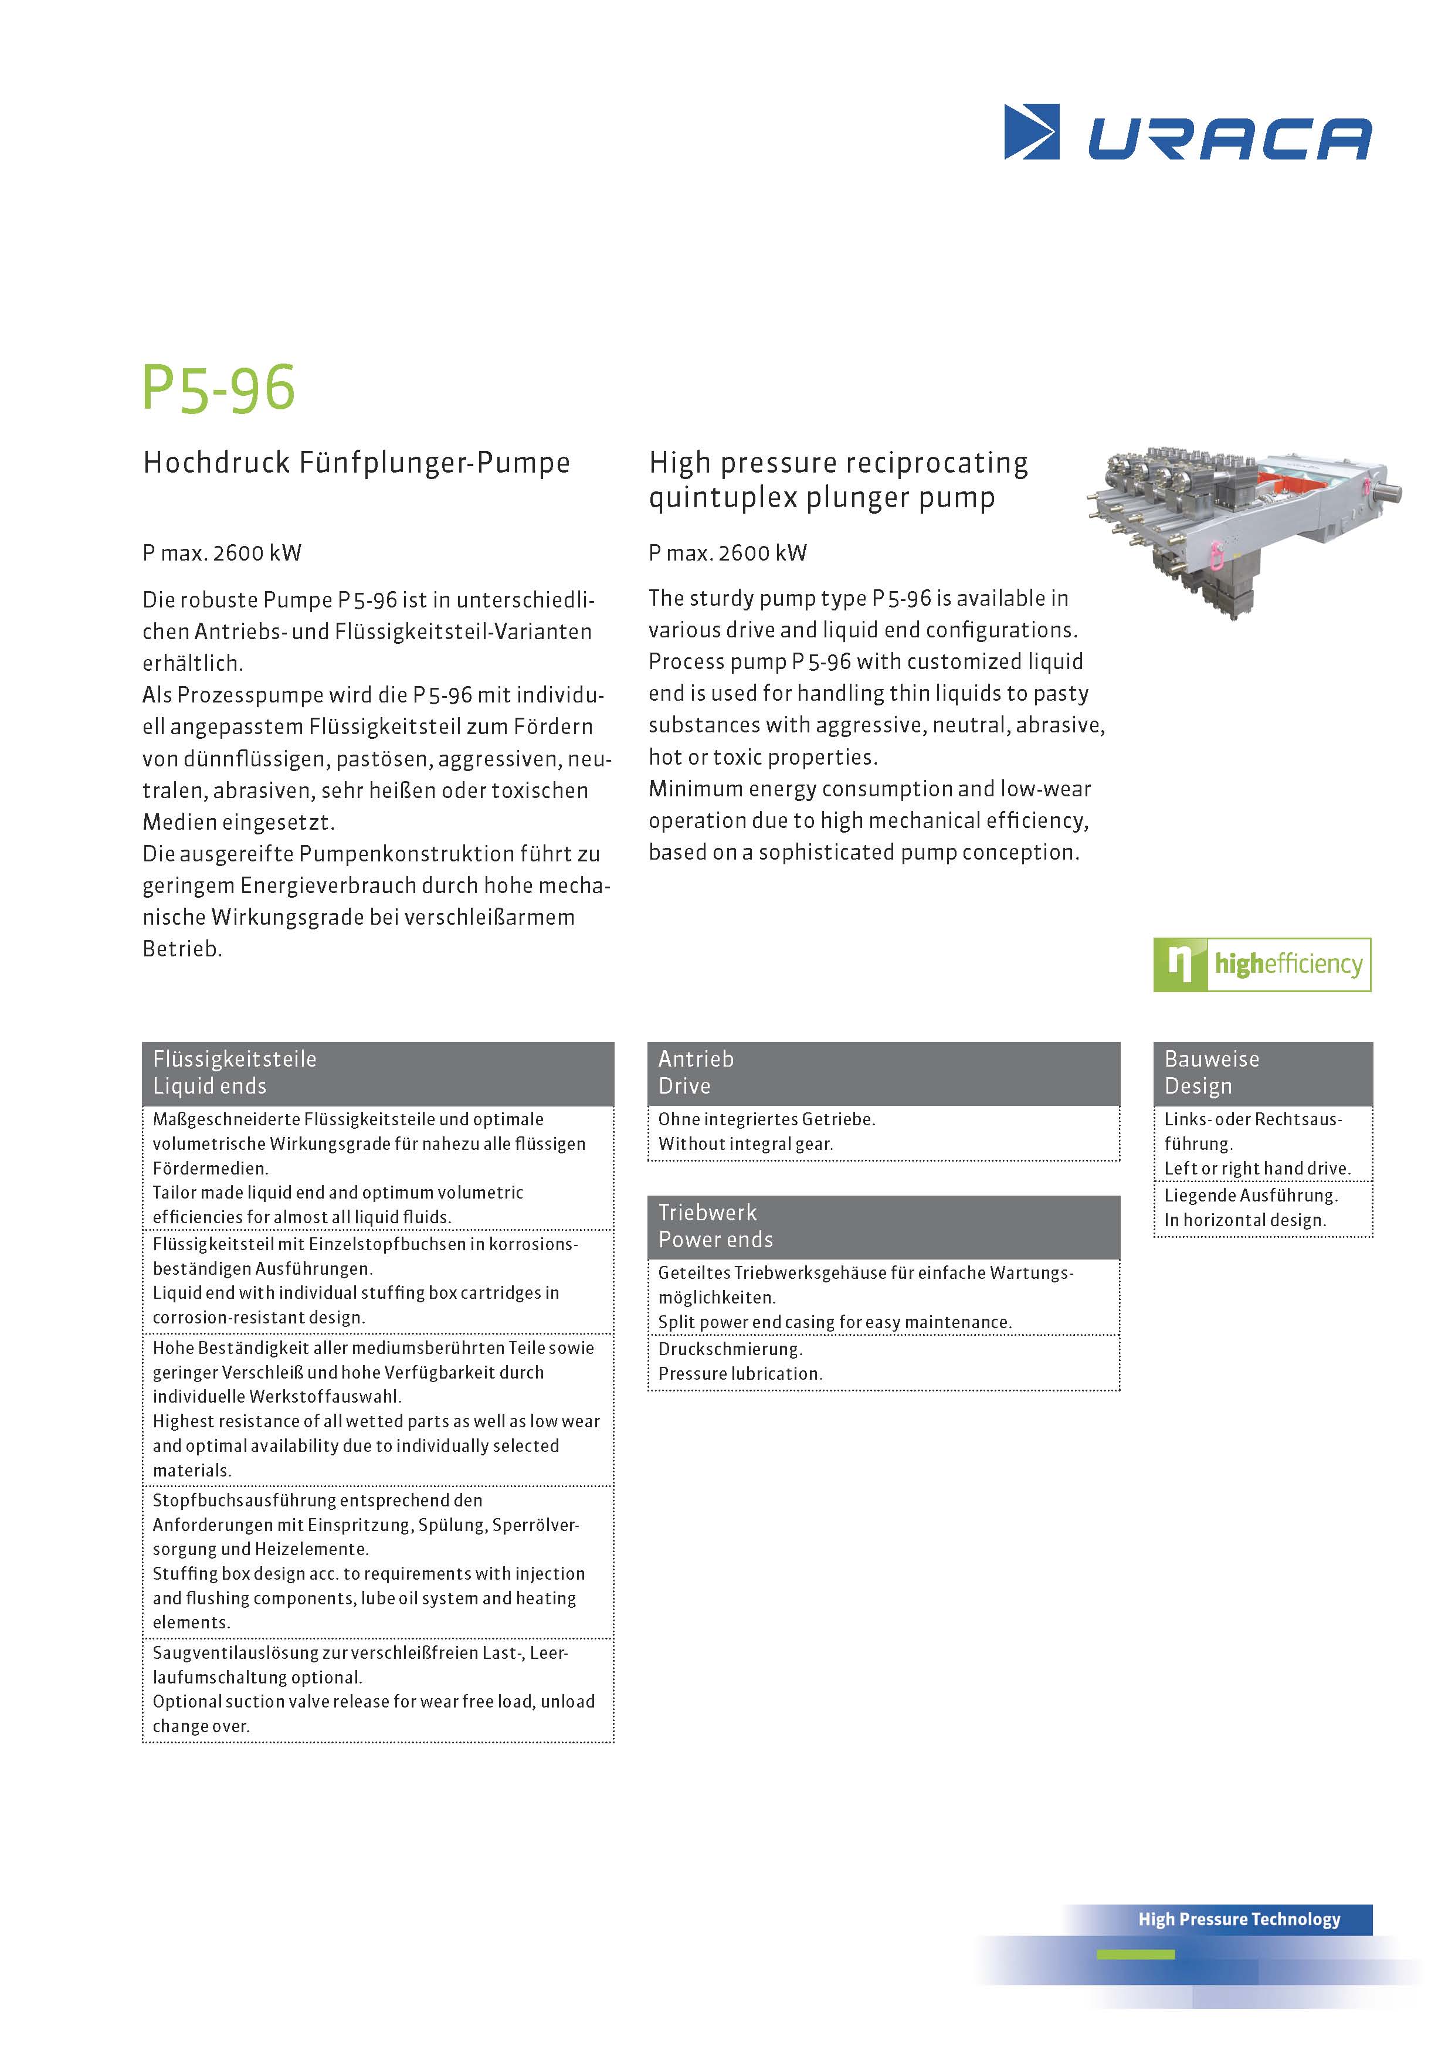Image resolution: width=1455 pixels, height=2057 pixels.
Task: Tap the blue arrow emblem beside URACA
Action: click(1031, 132)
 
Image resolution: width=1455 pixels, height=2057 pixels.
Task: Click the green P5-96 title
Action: click(219, 389)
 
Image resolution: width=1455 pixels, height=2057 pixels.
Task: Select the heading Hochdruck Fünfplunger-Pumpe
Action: click(357, 463)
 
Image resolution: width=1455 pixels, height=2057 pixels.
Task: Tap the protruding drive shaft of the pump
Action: click(1389, 492)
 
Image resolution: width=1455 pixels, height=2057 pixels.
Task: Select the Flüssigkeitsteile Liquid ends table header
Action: click(377, 1072)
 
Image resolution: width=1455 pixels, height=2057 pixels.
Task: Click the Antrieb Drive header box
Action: click(883, 1072)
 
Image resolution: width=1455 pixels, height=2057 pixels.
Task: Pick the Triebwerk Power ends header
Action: click(883, 1227)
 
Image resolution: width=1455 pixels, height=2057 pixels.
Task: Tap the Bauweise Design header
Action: click(1263, 1072)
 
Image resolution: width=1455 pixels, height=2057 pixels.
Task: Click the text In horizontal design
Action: click(1244, 1220)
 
